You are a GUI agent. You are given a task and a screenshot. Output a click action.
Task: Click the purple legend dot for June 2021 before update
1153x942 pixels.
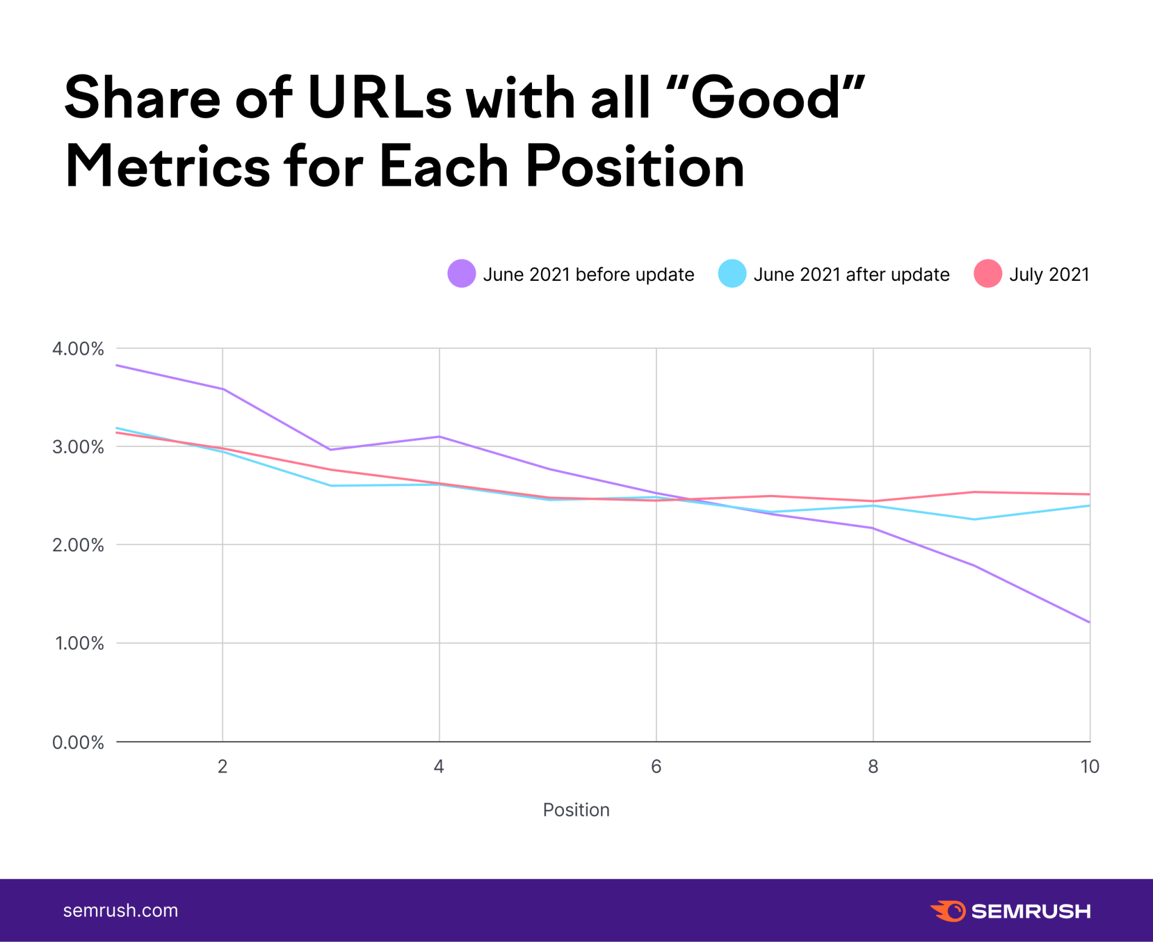point(461,273)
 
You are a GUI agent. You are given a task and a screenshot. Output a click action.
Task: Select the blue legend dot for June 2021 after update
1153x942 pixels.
point(732,273)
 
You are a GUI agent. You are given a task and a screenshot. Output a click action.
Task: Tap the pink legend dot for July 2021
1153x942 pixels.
point(987,273)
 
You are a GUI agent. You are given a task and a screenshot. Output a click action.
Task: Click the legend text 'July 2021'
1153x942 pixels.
point(1049,275)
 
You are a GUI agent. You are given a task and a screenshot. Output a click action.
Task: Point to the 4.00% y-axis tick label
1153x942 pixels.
point(78,348)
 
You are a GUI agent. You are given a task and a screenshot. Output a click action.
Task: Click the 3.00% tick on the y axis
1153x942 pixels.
point(78,446)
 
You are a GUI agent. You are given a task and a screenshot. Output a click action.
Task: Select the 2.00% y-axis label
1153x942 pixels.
point(78,545)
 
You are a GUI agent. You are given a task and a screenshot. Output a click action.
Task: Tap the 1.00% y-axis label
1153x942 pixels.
point(79,643)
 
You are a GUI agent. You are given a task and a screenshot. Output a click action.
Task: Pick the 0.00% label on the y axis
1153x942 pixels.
point(78,742)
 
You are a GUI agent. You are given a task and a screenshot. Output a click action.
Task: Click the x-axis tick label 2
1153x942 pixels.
point(223,766)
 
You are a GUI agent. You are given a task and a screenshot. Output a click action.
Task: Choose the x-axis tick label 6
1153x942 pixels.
point(656,766)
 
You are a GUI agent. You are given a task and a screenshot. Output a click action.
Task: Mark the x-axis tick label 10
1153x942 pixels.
point(1089,766)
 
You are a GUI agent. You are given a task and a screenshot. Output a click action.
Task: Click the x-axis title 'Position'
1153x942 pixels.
point(576,810)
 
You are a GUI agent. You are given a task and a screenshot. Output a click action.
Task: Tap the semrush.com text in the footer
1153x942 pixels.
point(120,910)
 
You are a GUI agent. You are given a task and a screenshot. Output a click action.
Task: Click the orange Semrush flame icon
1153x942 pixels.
point(949,911)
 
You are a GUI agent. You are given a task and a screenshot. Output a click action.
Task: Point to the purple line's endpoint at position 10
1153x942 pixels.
point(1089,622)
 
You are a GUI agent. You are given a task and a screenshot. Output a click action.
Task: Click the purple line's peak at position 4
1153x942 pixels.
point(440,437)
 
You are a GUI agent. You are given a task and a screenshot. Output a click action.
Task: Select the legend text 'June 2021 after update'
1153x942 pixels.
point(851,275)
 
